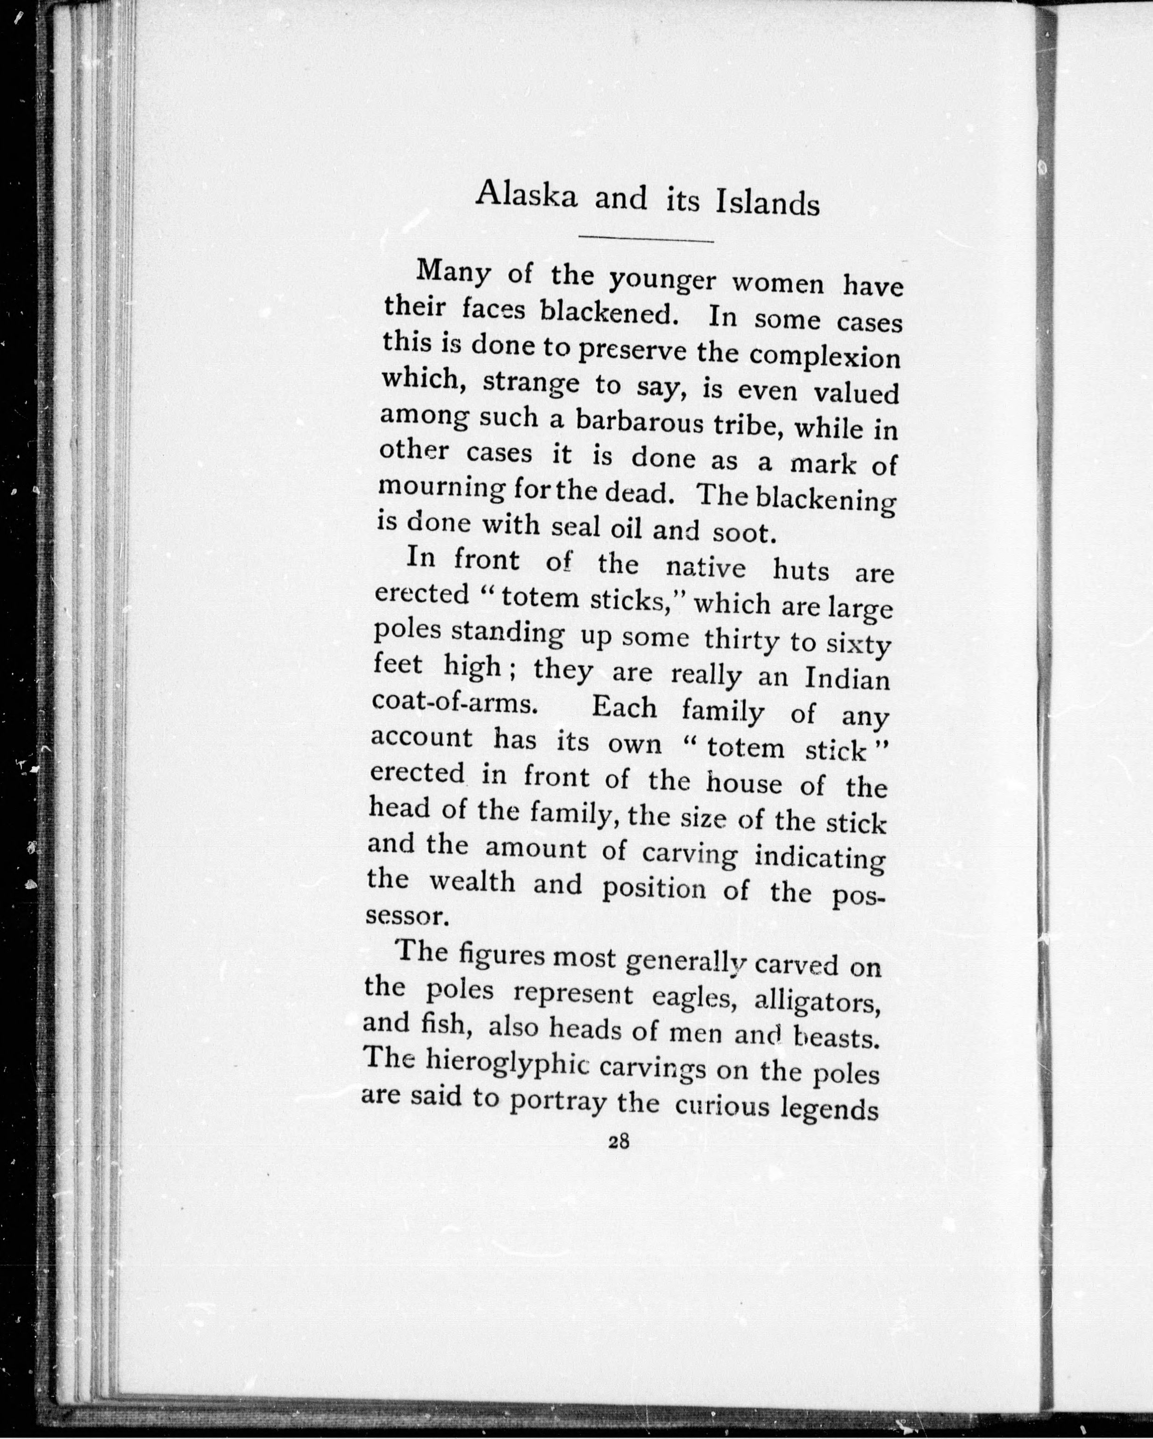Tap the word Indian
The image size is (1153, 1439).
(847, 679)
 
